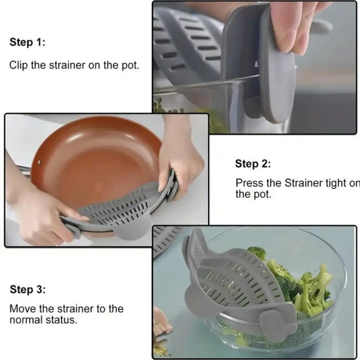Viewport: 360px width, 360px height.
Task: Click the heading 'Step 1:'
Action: tap(28, 43)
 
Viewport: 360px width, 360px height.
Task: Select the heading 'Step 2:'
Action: tap(253, 164)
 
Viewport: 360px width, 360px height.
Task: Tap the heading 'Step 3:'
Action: tap(28, 290)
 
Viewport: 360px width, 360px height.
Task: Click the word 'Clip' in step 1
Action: tap(19, 66)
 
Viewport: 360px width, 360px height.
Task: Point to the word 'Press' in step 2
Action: tap(249, 183)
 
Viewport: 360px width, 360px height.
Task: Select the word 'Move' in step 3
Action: tap(22, 309)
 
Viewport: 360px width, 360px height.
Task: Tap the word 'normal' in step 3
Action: tap(27, 319)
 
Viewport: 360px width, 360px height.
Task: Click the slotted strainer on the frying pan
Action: tap(128, 209)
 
